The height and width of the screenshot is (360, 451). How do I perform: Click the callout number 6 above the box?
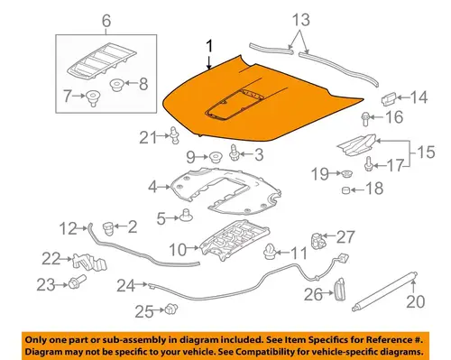point(106,21)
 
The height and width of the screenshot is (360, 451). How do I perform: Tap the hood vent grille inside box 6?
point(101,61)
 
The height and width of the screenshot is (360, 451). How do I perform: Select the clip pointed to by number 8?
point(117,85)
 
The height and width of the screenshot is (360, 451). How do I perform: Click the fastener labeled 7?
point(93,98)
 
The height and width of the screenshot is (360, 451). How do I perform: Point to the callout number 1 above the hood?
point(209,47)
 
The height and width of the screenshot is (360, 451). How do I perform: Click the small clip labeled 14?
point(389,98)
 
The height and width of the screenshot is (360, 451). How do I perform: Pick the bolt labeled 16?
point(365,118)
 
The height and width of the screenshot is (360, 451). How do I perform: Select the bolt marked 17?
point(369,164)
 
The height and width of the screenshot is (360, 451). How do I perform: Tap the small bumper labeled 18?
point(345,190)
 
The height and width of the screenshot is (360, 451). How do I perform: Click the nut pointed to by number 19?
point(347,173)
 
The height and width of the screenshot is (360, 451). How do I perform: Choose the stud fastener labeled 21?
point(174,135)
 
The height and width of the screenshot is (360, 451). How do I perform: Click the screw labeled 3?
point(234,152)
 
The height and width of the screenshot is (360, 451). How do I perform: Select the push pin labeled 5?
point(186,215)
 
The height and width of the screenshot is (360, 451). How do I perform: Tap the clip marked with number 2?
point(108,228)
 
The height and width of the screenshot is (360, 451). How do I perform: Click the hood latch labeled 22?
point(89,262)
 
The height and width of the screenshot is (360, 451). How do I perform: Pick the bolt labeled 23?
point(77,282)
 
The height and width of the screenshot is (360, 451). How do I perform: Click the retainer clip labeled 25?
point(171,309)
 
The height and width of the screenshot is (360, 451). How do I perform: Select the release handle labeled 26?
point(339,290)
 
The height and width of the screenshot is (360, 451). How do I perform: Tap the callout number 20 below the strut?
point(415,301)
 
